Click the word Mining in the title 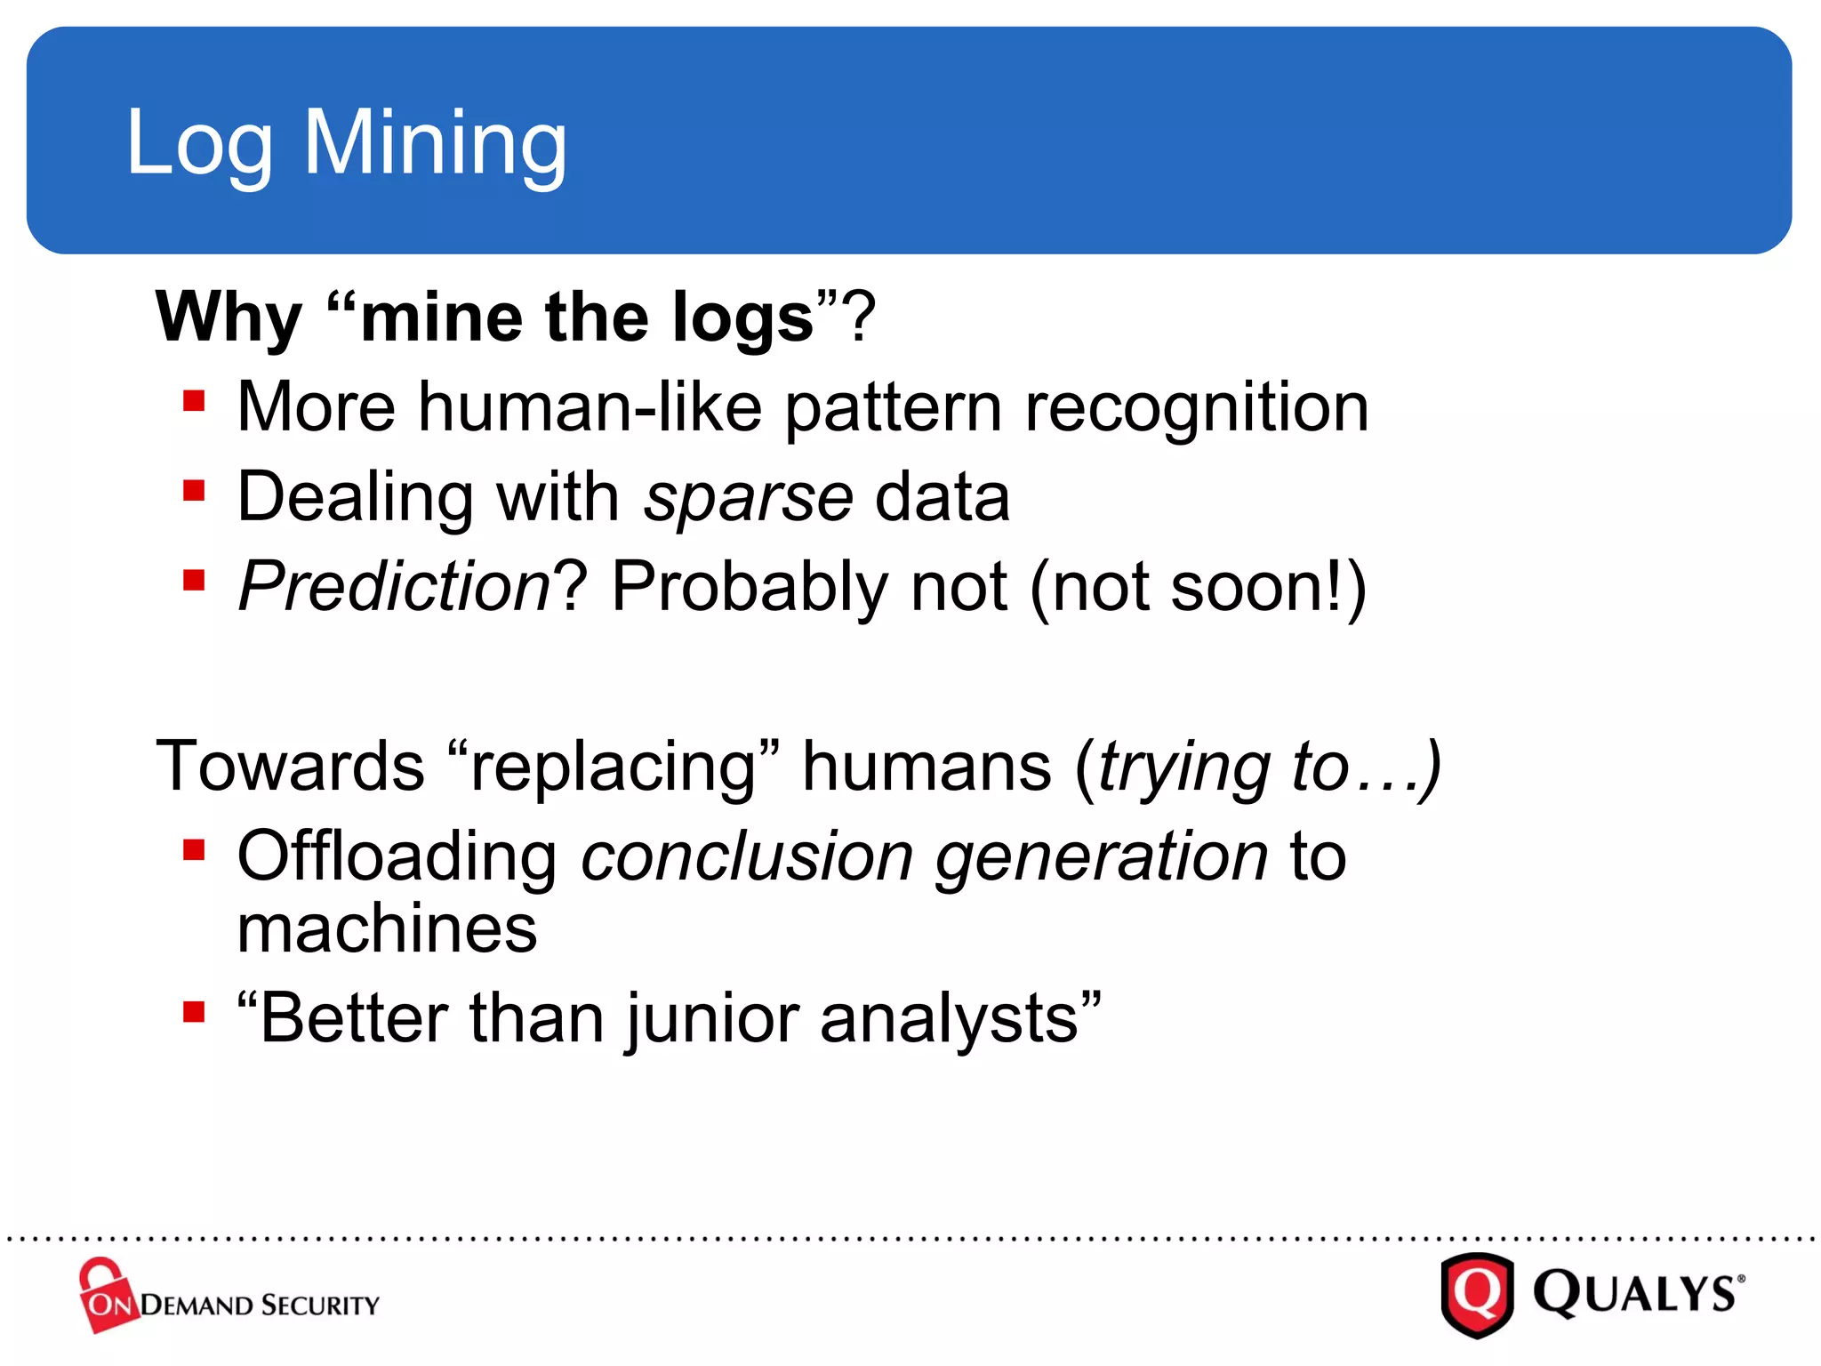[x=435, y=142]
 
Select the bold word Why [x=229, y=317]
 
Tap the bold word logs [x=742, y=318]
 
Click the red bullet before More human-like [x=194, y=401]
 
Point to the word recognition [x=1196, y=407]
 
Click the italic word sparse [x=748, y=497]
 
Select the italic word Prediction [x=395, y=587]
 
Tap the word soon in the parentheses [x=1248, y=587]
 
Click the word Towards [x=290, y=767]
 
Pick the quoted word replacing [x=613, y=767]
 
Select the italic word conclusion [x=747, y=856]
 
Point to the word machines [x=387, y=929]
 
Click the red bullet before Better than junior [x=194, y=1012]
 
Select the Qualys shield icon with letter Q [x=1477, y=1294]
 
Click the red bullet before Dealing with [x=194, y=491]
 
